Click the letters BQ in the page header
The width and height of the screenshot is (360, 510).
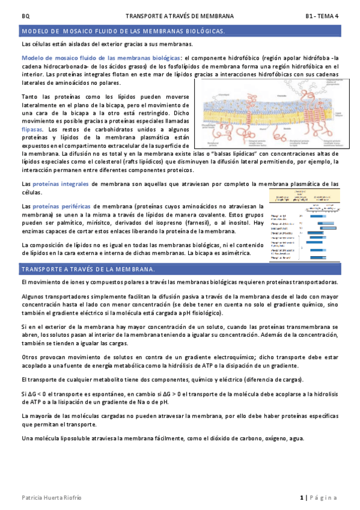point(25,16)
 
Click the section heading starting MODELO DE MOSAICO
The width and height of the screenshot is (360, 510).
point(123,31)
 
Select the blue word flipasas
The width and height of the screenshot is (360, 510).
point(32,129)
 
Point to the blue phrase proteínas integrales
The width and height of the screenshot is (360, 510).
point(63,183)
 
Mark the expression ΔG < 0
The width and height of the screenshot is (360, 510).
point(31,393)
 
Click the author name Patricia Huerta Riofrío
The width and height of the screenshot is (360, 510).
point(51,497)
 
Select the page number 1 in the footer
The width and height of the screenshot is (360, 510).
point(301,497)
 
